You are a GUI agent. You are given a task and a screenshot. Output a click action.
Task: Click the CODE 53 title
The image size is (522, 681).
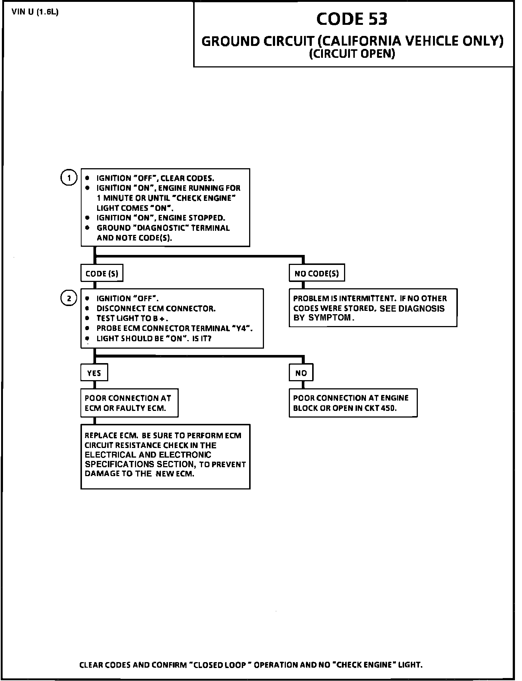[x=351, y=19]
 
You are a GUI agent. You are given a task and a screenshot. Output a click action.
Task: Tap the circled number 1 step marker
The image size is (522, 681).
[x=68, y=178]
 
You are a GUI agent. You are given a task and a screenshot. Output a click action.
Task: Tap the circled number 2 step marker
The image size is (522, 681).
[x=68, y=298]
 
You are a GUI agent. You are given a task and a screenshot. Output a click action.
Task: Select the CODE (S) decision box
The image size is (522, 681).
[x=102, y=274]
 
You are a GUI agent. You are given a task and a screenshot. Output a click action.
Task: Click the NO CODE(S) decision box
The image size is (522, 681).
[x=317, y=274]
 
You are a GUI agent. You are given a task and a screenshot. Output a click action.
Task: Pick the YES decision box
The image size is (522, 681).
[x=94, y=373]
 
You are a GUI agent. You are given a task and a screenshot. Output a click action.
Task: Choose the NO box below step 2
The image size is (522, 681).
[x=301, y=373]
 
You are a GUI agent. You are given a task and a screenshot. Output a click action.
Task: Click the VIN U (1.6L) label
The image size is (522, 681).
[x=35, y=12]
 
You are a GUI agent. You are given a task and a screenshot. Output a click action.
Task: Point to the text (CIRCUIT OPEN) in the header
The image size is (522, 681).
[x=352, y=54]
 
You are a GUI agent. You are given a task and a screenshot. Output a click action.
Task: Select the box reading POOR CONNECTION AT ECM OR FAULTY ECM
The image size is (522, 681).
[x=129, y=403]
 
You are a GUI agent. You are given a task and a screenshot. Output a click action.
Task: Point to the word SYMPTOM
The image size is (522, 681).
[x=330, y=318]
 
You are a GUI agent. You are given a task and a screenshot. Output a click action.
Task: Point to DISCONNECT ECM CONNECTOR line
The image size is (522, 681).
[x=156, y=308]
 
